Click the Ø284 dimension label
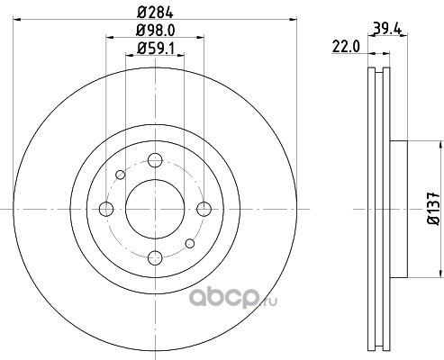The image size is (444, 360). (x=155, y=13)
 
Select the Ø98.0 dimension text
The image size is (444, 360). (x=155, y=31)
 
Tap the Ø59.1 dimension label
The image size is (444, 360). (x=155, y=48)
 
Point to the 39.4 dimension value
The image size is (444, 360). (x=387, y=29)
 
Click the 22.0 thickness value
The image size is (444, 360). (x=346, y=47)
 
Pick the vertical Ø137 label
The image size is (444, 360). (x=434, y=209)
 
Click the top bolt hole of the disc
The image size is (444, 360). (x=155, y=160)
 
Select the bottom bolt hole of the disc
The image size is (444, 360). (x=155, y=258)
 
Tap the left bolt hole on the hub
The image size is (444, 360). (x=106, y=209)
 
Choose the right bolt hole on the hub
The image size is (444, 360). (x=204, y=209)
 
